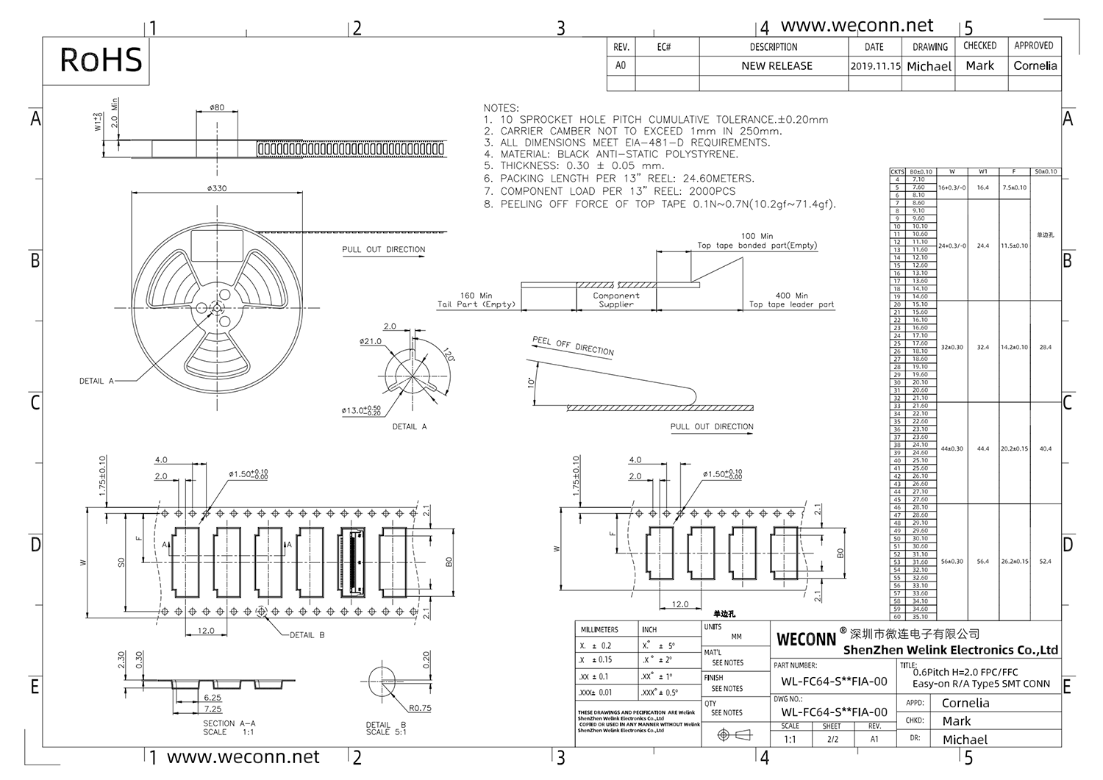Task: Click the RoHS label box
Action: (101, 60)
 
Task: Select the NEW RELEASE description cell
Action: (777, 65)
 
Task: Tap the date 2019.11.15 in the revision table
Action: (875, 65)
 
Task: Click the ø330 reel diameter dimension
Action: (217, 188)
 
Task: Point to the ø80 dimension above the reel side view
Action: (217, 107)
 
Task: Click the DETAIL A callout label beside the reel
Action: (96, 381)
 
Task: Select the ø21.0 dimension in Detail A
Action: (370, 341)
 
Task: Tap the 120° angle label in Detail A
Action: (444, 357)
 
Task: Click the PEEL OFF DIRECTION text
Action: (573, 346)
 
